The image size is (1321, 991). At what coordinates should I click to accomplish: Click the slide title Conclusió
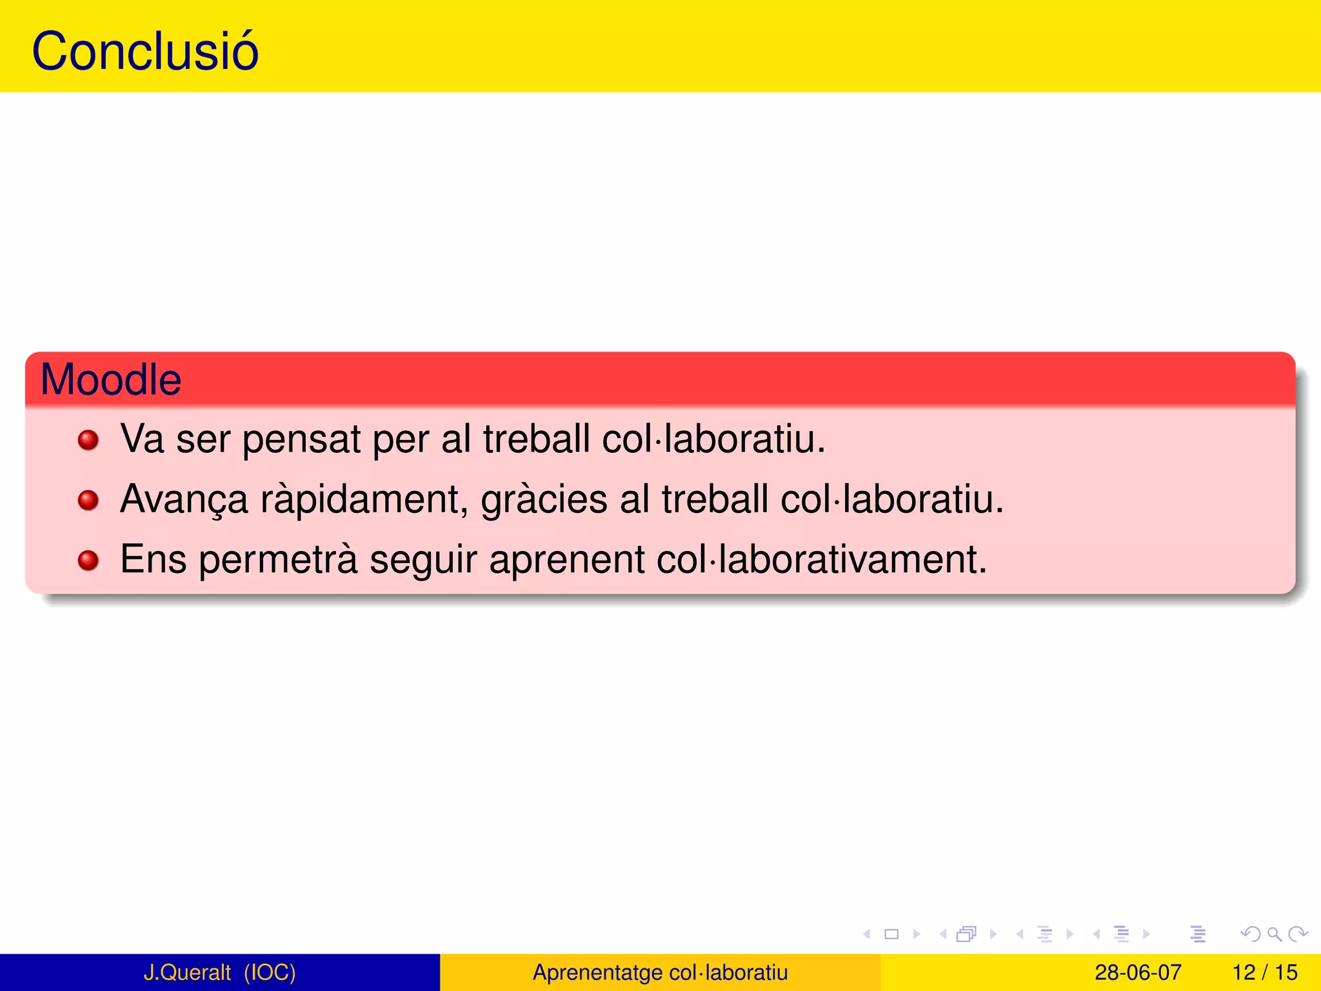coord(145,52)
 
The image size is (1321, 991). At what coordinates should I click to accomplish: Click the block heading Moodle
coord(111,379)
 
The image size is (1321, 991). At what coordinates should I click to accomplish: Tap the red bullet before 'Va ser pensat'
coord(88,441)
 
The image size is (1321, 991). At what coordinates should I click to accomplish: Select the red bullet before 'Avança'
coord(88,500)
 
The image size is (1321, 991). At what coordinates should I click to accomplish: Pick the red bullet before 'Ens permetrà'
coord(88,560)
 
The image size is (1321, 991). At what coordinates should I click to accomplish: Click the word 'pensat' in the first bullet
coord(301,440)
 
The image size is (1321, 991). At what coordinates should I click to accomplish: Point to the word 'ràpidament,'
coord(364,500)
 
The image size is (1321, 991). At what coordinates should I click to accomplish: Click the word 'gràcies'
coord(544,500)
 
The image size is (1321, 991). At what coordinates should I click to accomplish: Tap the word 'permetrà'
coord(277,559)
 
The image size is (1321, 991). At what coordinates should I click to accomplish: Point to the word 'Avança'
coord(184,500)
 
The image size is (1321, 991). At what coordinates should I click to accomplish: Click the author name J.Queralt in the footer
coord(187,972)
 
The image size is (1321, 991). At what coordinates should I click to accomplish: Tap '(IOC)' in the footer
coord(270,972)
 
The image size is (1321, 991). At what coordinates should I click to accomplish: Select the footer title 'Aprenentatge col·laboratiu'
coord(660,972)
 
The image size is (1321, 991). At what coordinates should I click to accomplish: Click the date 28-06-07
coord(1138,972)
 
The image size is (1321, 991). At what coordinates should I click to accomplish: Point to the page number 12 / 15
coord(1265,972)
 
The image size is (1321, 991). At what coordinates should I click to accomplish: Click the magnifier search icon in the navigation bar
coord(1274,934)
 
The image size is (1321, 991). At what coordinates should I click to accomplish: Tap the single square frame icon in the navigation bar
coord(891,934)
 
